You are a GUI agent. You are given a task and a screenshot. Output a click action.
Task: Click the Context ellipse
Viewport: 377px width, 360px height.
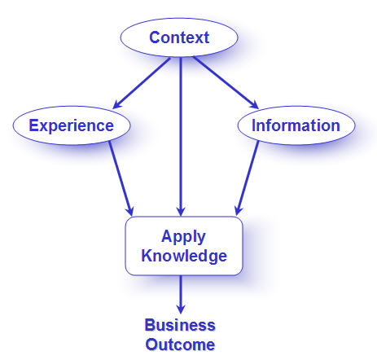tap(179, 37)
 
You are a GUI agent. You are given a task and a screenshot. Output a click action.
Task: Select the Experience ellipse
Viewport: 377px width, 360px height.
tap(72, 125)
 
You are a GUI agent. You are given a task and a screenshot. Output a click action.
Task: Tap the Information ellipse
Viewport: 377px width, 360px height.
tap(296, 125)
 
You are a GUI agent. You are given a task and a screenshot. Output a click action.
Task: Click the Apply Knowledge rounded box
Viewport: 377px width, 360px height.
tap(184, 246)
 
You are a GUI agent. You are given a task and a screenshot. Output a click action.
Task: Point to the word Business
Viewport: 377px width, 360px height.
tap(180, 325)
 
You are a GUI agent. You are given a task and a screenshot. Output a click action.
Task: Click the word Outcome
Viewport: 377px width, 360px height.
tap(180, 345)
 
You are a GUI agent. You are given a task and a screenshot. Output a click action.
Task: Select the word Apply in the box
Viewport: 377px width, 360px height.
tap(183, 237)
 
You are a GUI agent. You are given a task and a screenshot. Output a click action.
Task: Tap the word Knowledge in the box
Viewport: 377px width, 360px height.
tap(184, 256)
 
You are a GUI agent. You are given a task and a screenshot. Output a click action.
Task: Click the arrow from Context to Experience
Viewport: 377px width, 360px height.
tap(142, 83)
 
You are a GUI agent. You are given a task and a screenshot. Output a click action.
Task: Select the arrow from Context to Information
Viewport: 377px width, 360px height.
tap(226, 83)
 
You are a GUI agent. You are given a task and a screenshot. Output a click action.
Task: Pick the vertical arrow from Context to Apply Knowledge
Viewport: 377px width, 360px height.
tap(181, 137)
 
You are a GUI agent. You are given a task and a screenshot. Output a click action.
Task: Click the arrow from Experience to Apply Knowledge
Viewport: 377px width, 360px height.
tap(121, 178)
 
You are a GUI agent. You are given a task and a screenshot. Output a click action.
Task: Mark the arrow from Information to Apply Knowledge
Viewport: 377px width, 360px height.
tap(247, 178)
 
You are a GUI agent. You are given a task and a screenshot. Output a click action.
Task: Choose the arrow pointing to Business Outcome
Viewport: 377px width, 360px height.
tap(181, 295)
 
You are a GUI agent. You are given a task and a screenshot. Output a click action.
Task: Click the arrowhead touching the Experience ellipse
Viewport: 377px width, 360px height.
tap(117, 104)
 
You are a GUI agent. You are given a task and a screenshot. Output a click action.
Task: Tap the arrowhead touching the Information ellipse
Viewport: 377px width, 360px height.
tap(254, 104)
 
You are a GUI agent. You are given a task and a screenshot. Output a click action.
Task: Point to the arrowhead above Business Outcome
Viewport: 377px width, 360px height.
tap(181, 309)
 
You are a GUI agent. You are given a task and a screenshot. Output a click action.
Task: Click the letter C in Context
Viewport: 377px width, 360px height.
tap(155, 37)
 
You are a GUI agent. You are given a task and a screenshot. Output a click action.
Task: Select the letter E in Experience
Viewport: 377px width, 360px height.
tap(33, 125)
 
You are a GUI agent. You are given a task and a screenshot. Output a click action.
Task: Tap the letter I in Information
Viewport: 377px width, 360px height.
tap(254, 125)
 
